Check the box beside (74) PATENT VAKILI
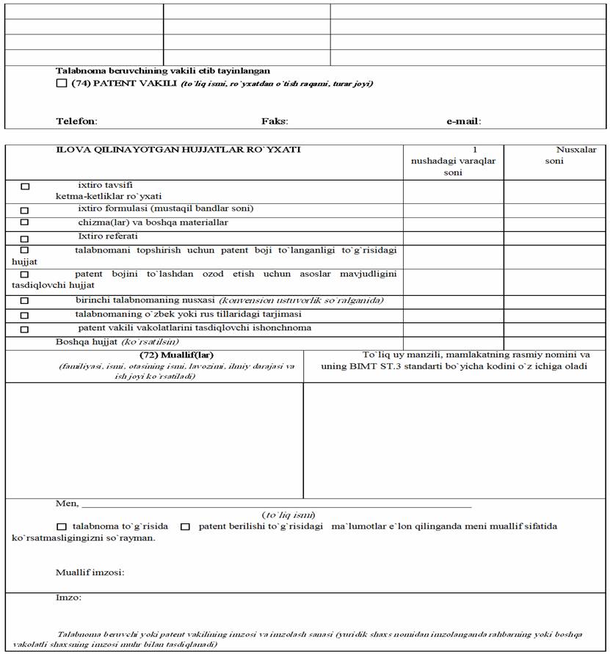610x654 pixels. coord(62,84)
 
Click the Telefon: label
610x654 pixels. coord(76,121)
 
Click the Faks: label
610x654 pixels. coord(275,121)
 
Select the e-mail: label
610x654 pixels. coord(463,121)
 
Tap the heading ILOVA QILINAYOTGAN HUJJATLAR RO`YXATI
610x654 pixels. coord(178,150)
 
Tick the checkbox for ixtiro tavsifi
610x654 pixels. coord(25,186)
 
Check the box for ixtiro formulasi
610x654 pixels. coord(25,209)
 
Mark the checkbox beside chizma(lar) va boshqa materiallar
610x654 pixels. coord(25,222)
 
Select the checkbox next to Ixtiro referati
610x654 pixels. coord(25,239)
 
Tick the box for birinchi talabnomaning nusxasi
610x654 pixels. coord(25,301)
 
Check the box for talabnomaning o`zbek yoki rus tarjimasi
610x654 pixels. coord(25,315)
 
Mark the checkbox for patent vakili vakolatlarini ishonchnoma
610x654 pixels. coord(25,329)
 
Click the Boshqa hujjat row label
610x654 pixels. coord(117,342)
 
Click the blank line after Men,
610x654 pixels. coord(276,504)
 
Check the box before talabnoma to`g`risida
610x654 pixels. coord(62,527)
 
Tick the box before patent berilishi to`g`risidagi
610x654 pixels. coord(186,527)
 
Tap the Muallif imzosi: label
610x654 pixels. coord(90,573)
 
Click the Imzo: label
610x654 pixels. coord(68,597)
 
